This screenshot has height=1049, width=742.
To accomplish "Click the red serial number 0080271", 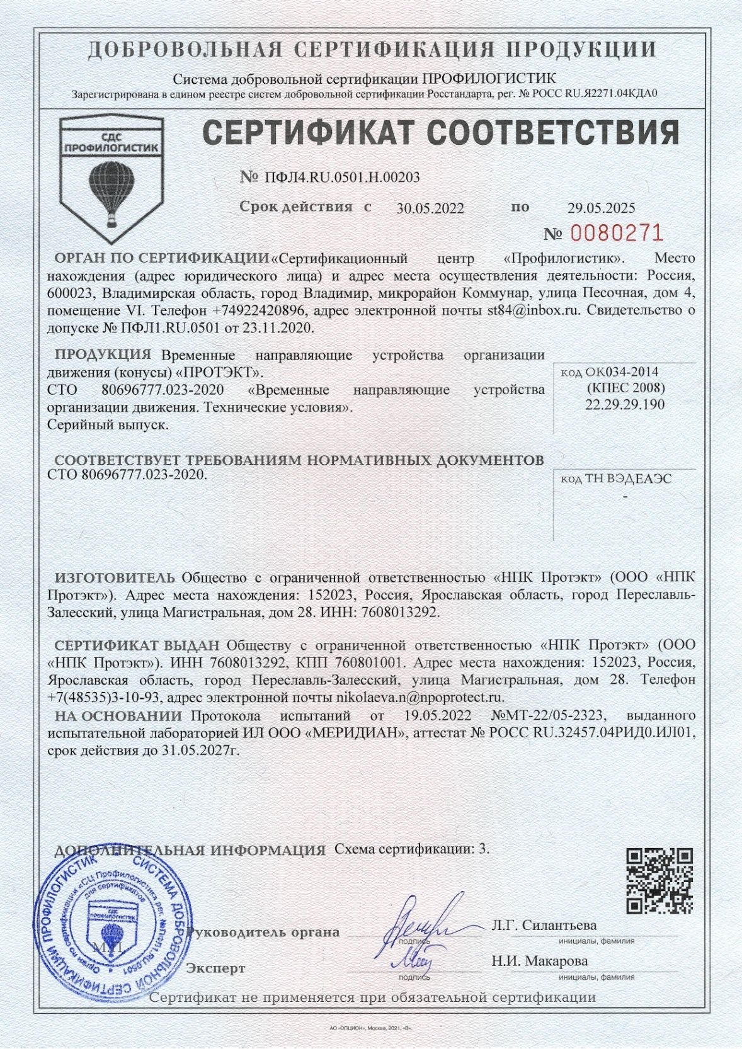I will point(617,234).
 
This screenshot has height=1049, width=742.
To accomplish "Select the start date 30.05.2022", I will point(430,208).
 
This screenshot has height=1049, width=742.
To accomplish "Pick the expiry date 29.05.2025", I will point(602,208).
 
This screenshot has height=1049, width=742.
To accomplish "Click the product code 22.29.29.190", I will point(624,404).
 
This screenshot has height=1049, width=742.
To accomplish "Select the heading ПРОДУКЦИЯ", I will point(103,354).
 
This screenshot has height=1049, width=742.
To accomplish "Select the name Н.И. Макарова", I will point(540,961).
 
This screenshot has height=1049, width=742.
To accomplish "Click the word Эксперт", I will point(215,968).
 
